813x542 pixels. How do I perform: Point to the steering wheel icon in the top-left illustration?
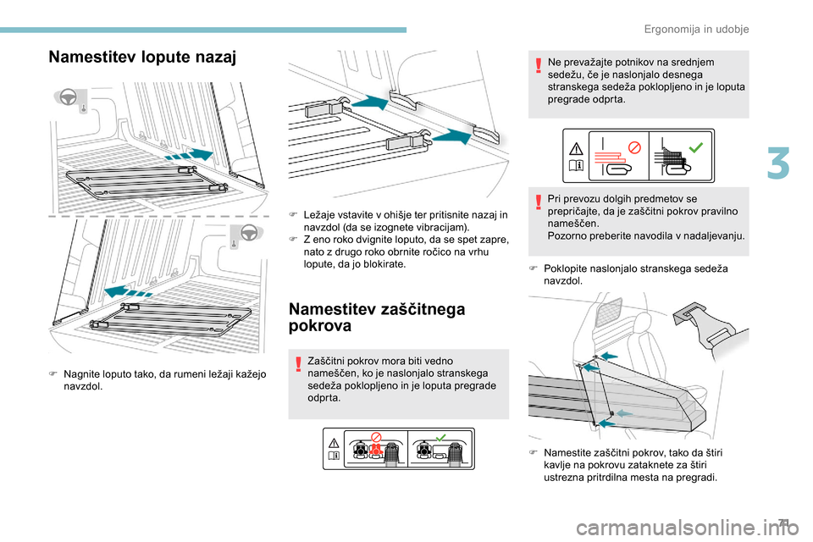tap(69, 99)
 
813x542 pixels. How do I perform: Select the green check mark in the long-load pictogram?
tap(696, 147)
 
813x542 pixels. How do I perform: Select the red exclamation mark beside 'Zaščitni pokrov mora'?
tap(297, 362)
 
